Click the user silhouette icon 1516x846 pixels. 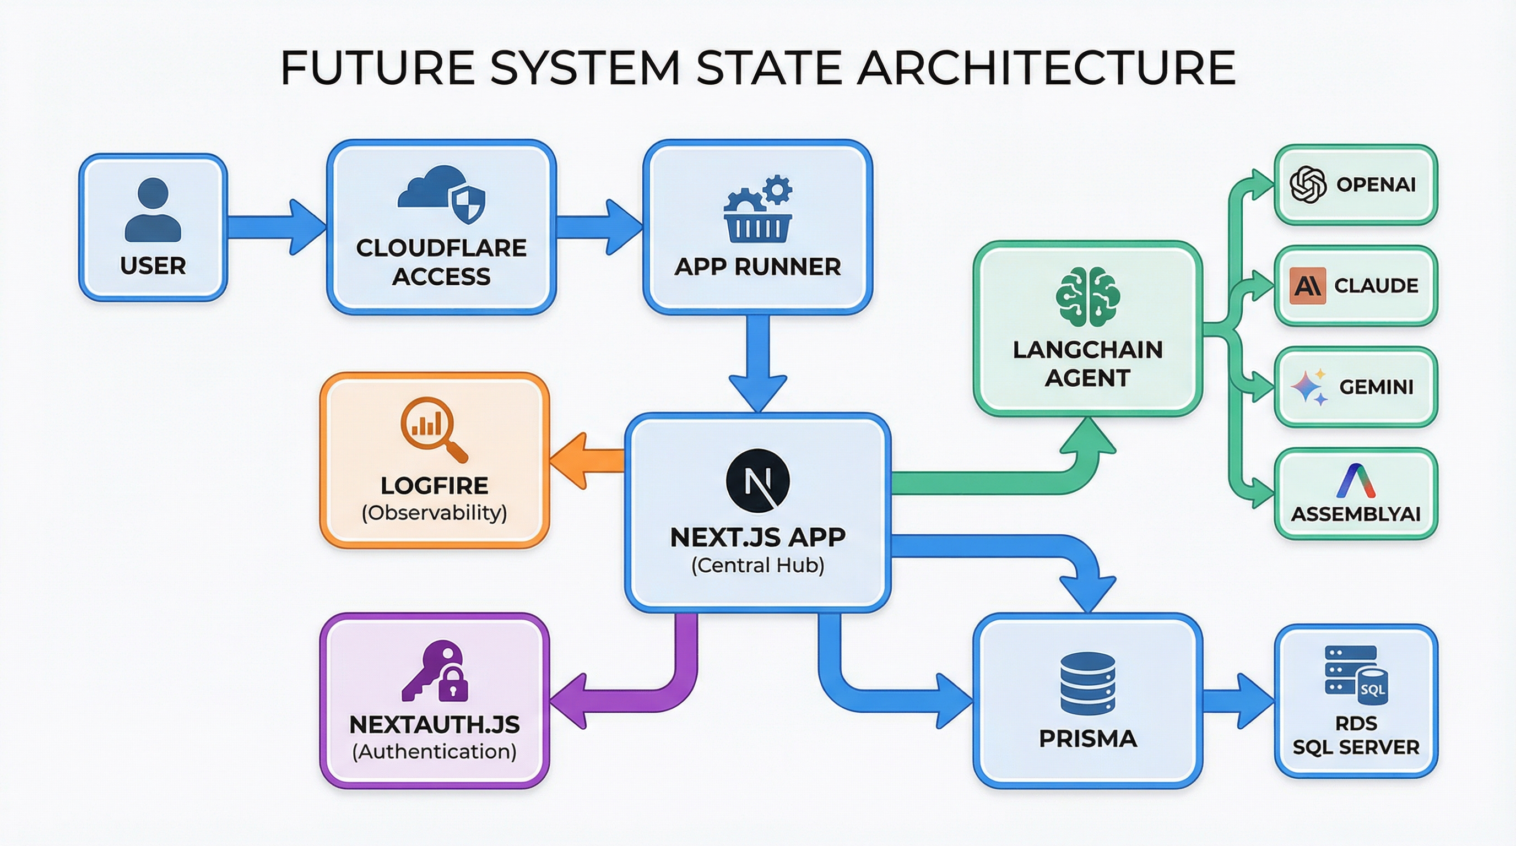click(153, 210)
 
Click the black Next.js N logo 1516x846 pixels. click(758, 481)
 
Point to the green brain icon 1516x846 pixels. click(1087, 296)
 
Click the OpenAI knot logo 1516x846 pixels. click(1308, 185)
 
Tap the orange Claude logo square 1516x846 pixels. click(1307, 286)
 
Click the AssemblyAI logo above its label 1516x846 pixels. click(1356, 481)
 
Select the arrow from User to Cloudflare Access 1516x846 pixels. click(277, 226)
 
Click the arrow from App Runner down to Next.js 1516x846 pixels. click(758, 362)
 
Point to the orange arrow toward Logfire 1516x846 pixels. click(586, 460)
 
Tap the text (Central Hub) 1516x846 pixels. click(758, 565)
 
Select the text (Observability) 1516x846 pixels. click(434, 513)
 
